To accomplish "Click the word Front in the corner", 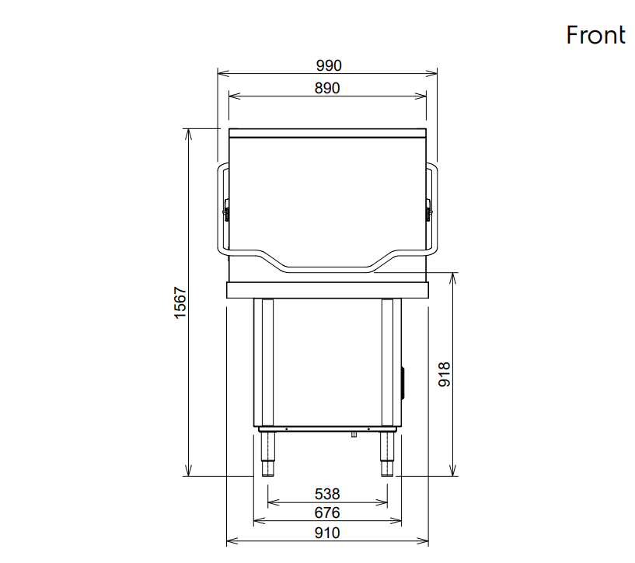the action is click(x=595, y=35).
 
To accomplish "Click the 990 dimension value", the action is click(x=329, y=65).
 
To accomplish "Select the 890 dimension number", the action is click(x=327, y=88).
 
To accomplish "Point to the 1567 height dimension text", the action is click(x=180, y=302).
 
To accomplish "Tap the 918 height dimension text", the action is click(x=445, y=374).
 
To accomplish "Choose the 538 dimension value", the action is click(x=327, y=494).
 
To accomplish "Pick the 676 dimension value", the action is click(x=327, y=512).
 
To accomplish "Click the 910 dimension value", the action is click(x=327, y=533).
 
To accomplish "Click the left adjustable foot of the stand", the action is click(x=267, y=454).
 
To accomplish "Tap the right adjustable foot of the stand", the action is click(x=387, y=454).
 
